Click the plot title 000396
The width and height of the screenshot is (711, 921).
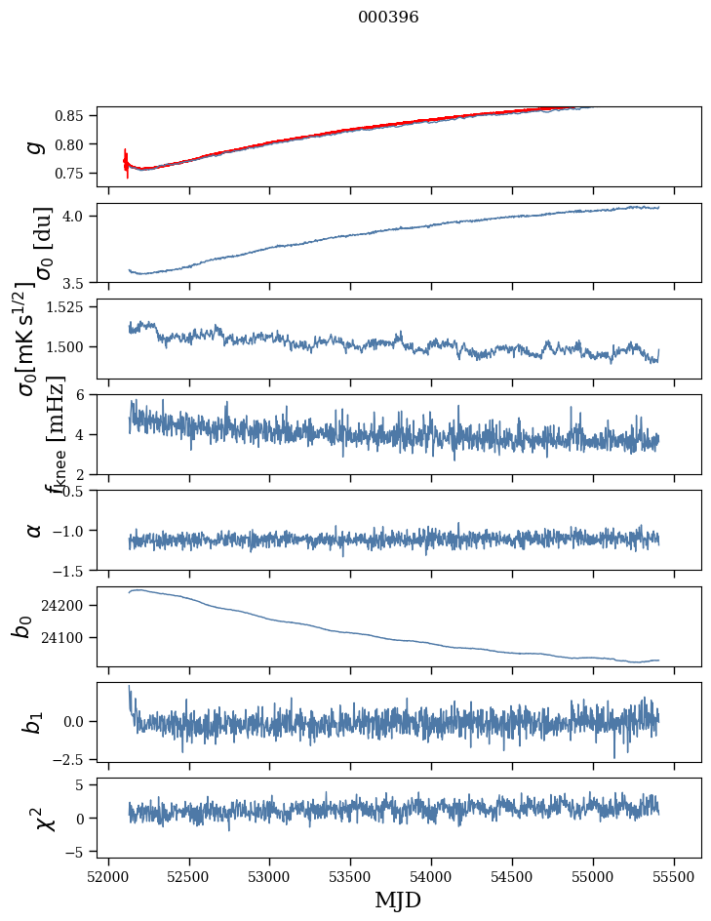(x=388, y=18)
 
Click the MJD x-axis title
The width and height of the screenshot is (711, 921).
(x=398, y=901)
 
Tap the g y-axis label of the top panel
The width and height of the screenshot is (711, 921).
(x=36, y=146)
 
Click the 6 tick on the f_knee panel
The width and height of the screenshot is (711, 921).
(x=87, y=395)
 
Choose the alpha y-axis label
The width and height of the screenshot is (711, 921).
(x=35, y=530)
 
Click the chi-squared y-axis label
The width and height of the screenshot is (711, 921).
(x=34, y=818)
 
